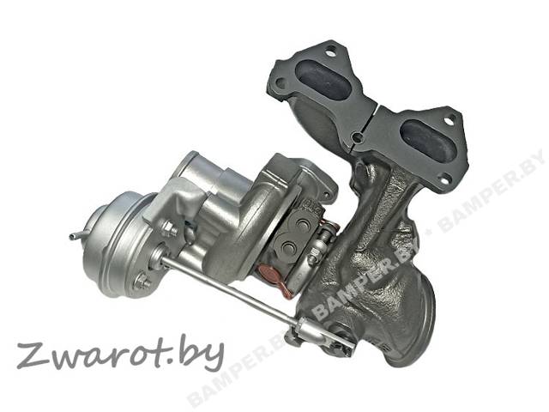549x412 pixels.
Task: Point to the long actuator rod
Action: point(231,289)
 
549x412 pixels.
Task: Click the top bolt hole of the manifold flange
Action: point(329,53)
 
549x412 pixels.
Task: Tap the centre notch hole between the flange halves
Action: point(356,136)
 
